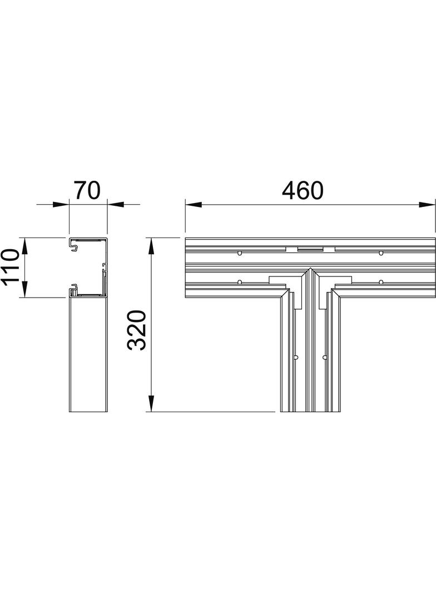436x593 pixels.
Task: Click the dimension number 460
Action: tap(303, 190)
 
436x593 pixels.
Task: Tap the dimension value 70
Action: tap(87, 190)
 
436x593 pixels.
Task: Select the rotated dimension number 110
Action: tap(10, 267)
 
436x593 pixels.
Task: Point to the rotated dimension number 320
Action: tap(137, 330)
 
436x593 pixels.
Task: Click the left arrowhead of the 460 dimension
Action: tap(192, 205)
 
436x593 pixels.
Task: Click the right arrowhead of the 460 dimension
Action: tap(427, 205)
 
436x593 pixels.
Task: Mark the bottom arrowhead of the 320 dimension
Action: tap(151, 403)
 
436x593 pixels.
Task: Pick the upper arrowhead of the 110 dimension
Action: tap(25, 245)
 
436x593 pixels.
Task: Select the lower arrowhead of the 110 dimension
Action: tap(25, 289)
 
